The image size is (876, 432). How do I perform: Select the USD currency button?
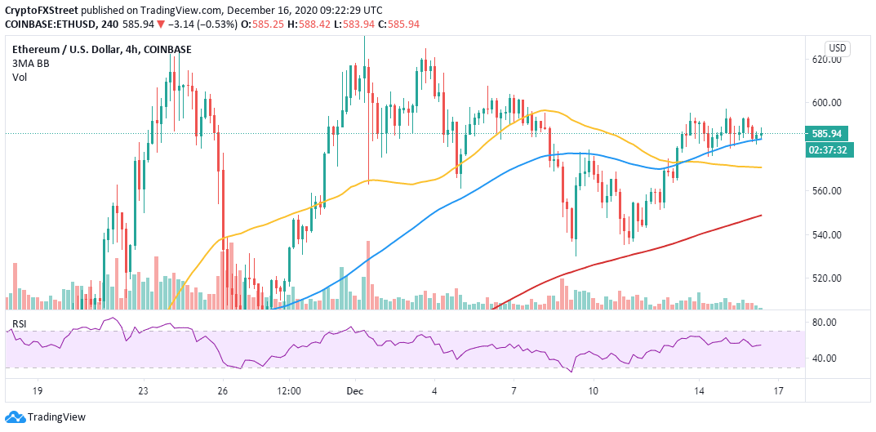[x=837, y=47]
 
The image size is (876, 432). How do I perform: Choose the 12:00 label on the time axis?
[x=289, y=391]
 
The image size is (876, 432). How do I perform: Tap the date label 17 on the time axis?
[x=778, y=391]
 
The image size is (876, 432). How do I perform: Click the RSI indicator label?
[x=18, y=325]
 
